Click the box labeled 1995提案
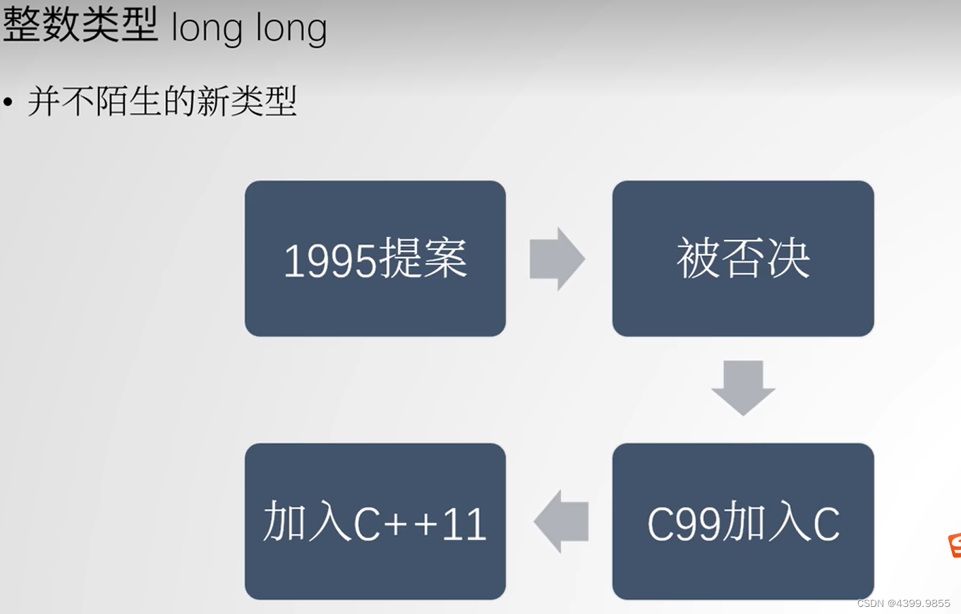(375, 258)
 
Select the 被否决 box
(743, 258)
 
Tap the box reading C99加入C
(743, 522)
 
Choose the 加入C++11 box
(375, 522)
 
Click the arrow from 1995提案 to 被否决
(557, 259)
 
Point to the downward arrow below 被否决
(743, 387)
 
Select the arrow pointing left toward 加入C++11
(562, 522)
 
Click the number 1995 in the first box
(330, 260)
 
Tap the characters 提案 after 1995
(423, 259)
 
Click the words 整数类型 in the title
(80, 26)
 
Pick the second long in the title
(288, 28)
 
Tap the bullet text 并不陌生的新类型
(162, 102)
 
